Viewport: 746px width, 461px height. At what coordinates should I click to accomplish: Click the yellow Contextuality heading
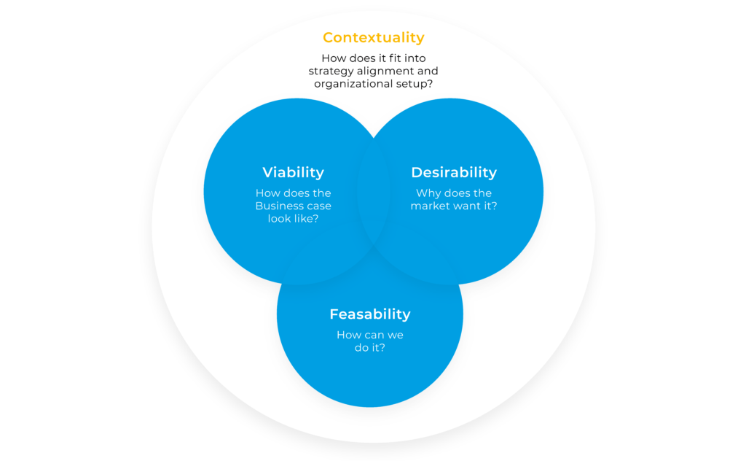coord(374,37)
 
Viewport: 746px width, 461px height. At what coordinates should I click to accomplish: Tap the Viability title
coord(293,172)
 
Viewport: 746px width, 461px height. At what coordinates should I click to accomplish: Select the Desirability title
coord(454,172)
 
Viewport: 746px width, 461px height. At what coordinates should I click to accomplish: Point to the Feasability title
coord(370,314)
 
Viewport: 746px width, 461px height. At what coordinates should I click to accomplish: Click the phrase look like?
coord(293,219)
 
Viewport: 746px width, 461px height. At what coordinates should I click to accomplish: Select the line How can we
coord(370,335)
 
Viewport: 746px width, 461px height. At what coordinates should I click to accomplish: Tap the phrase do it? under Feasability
coord(370,348)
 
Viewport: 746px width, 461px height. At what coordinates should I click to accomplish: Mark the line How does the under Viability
coord(293,193)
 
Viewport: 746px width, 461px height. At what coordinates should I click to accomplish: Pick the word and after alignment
coord(428,71)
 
